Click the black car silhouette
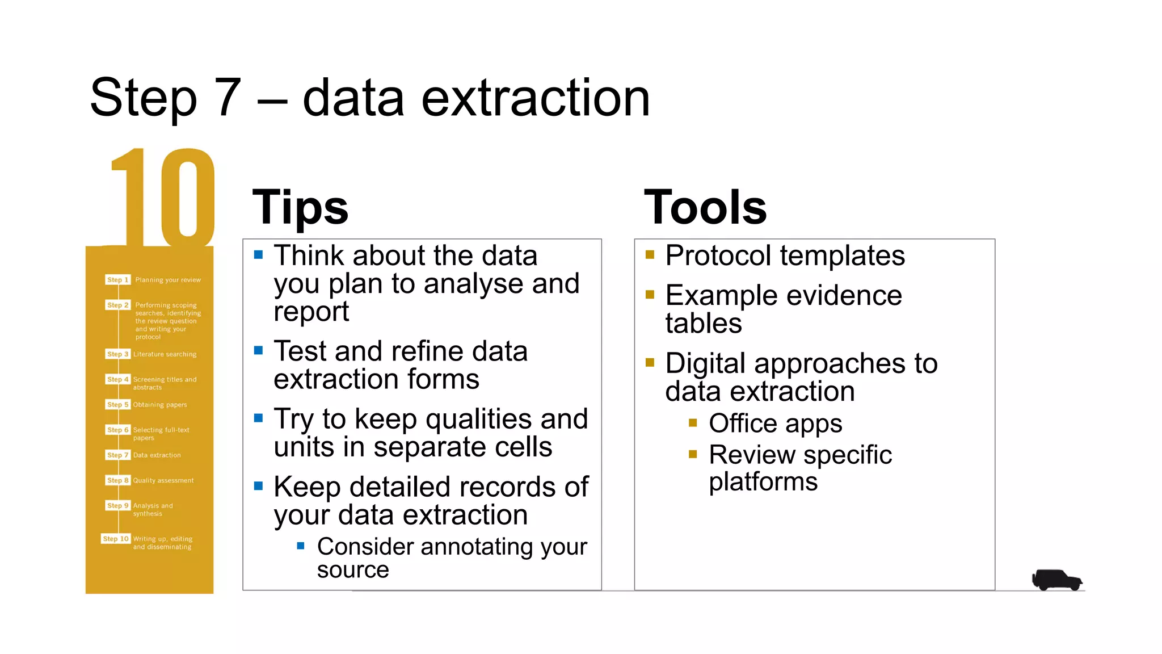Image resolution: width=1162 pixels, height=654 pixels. click(x=1056, y=580)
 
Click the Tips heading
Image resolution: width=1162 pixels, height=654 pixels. click(x=300, y=208)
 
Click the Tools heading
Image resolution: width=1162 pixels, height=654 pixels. click(x=705, y=208)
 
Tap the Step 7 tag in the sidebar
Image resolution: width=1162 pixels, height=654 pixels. click(x=118, y=455)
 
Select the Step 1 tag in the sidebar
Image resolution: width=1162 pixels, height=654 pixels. click(x=118, y=280)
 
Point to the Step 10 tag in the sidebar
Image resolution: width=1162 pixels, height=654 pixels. click(x=116, y=539)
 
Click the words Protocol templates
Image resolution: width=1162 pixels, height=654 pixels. click(x=785, y=256)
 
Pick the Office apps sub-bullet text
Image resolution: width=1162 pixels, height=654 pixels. click(x=775, y=424)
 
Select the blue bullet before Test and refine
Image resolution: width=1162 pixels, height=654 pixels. click(x=259, y=350)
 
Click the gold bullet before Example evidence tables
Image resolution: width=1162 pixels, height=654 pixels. click(x=650, y=294)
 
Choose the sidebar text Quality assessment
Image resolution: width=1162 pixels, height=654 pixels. click(x=163, y=481)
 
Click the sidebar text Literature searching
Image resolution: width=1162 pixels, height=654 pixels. click(x=165, y=354)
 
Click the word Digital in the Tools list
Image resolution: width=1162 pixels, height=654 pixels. click(x=705, y=364)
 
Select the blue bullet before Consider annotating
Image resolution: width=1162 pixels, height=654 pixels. click(x=301, y=546)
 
